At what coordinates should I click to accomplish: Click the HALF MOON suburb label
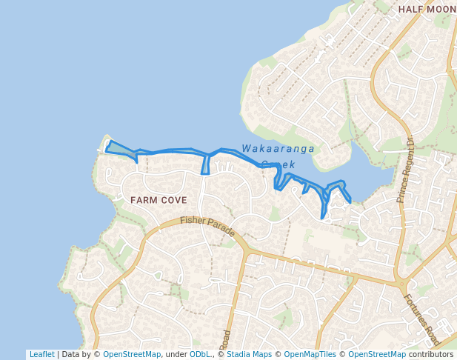pyautogui.click(x=427, y=9)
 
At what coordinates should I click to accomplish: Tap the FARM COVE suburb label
pyautogui.click(x=158, y=200)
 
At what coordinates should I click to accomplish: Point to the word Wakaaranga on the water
pyautogui.click(x=278, y=149)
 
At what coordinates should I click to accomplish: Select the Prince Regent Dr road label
pyautogui.click(x=405, y=170)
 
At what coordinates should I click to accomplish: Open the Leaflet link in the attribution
pyautogui.click(x=41, y=355)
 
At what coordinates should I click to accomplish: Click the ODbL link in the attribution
pyautogui.click(x=199, y=355)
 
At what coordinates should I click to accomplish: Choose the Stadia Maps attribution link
pyautogui.click(x=249, y=355)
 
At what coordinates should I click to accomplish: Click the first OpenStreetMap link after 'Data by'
pyautogui.click(x=132, y=355)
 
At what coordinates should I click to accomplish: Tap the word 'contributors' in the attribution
pyautogui.click(x=431, y=355)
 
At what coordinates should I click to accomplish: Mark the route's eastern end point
pyautogui.click(x=350, y=200)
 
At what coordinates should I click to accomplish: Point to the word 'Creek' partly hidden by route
pyautogui.click(x=278, y=164)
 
